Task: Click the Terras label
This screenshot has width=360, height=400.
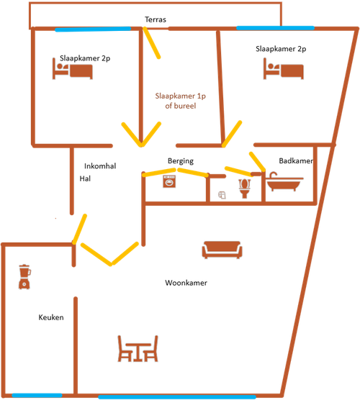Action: pos(156,19)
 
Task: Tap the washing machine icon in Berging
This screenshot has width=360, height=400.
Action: pos(169,181)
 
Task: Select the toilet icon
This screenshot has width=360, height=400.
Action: pos(245,188)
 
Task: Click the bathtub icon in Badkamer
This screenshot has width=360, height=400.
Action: pos(284,181)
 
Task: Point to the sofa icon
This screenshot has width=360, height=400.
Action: pos(222,250)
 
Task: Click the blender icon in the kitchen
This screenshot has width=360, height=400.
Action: pos(24,277)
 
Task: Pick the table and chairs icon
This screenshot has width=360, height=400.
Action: pos(138,348)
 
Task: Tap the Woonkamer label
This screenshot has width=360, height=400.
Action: pos(186,283)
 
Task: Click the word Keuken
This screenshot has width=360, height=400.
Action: pos(51,317)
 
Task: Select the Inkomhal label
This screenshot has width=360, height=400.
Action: pos(100,166)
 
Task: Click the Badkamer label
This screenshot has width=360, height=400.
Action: pos(296,160)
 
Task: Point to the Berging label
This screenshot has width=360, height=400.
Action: pos(181,161)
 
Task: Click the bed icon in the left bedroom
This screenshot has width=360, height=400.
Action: pos(73,68)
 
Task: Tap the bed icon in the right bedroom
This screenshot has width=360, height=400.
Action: pos(284,68)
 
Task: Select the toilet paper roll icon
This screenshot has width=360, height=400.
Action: pos(222,195)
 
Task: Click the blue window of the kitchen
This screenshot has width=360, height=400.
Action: pos(37,396)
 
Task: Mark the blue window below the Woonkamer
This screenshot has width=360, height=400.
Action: pos(177,397)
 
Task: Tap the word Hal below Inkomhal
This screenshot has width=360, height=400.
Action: pos(85,178)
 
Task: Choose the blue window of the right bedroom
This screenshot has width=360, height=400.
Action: pos(276,28)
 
